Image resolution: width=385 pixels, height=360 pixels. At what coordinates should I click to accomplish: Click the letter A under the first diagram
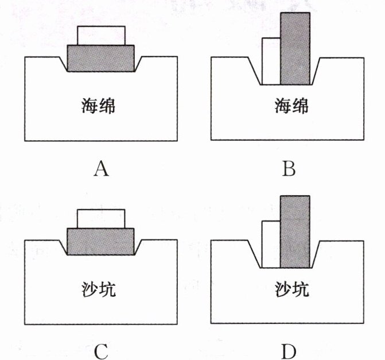pyautogui.click(x=100, y=169)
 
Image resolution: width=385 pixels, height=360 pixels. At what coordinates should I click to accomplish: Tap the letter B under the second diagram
pyautogui.click(x=289, y=169)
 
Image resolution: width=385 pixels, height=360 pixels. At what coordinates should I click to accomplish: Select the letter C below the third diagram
pyautogui.click(x=100, y=350)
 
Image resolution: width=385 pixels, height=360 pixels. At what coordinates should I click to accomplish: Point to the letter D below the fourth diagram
pyautogui.click(x=289, y=350)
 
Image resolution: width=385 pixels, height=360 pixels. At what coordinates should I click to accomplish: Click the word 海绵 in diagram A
pyautogui.click(x=100, y=107)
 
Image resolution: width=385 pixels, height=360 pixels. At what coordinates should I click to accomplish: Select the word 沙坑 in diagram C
pyautogui.click(x=100, y=289)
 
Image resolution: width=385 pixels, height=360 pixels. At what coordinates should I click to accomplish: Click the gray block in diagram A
pyautogui.click(x=101, y=58)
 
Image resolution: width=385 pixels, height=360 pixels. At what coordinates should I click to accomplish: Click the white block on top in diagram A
pyautogui.click(x=101, y=36)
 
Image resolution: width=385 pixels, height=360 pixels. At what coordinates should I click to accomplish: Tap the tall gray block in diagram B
pyautogui.click(x=295, y=49)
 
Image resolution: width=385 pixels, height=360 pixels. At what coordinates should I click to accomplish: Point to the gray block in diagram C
pyautogui.click(x=101, y=241)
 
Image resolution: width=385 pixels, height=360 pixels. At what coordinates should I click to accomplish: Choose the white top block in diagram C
pyautogui.click(x=101, y=219)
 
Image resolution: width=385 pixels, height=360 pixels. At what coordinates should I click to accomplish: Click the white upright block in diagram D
pyautogui.click(x=271, y=244)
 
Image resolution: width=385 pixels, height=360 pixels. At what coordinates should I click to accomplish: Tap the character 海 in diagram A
pyautogui.click(x=91, y=107)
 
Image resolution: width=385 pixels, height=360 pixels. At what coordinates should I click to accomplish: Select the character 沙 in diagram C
pyautogui.click(x=91, y=289)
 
